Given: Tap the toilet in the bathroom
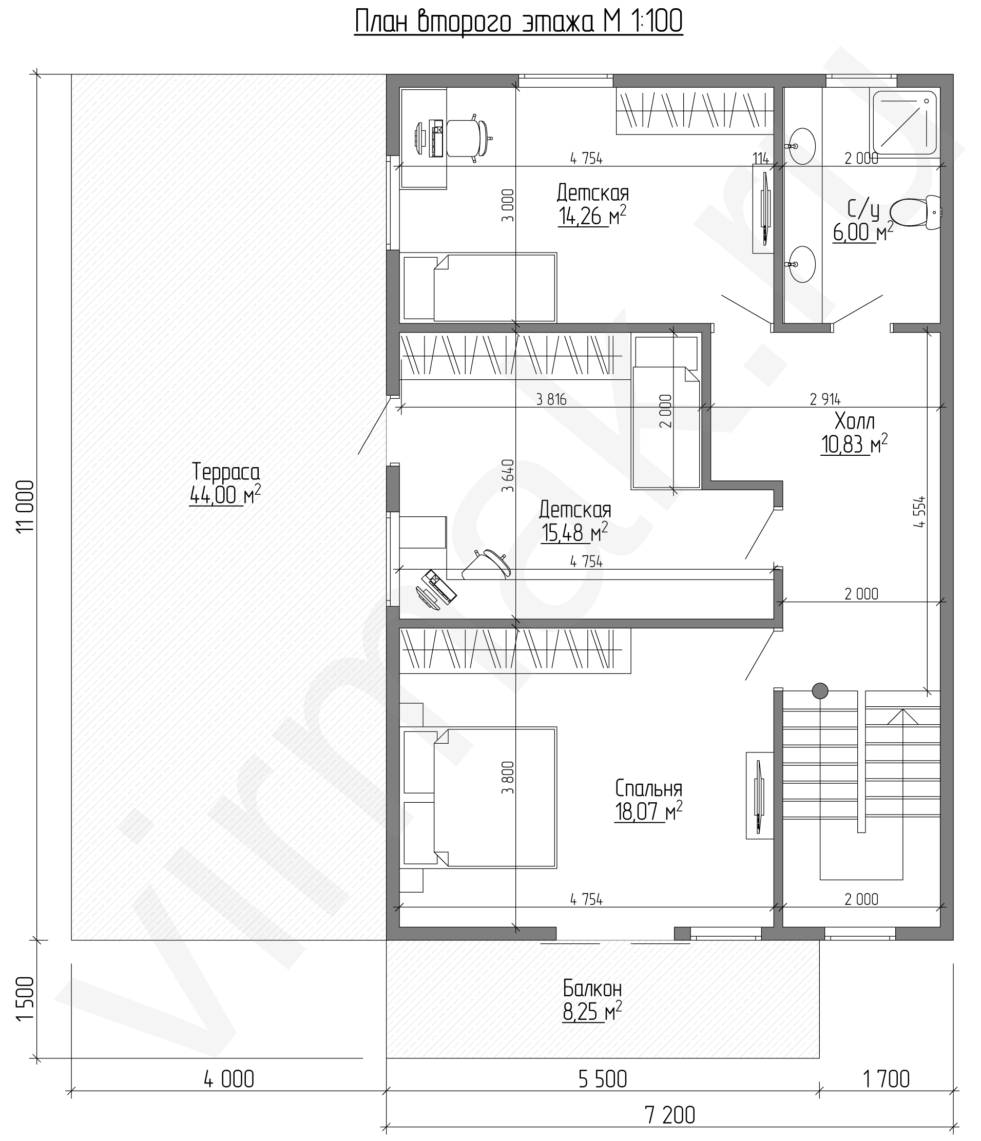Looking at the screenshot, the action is [915, 212].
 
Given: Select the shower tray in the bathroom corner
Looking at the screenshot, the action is [905, 122].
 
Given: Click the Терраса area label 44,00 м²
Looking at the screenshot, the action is [225, 496].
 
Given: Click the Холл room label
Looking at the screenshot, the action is [854, 421].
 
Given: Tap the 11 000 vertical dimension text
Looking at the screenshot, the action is [26, 506].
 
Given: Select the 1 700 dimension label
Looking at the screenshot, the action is [886, 1079].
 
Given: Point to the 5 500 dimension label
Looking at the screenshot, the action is [603, 1079].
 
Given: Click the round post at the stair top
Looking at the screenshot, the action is [820, 690].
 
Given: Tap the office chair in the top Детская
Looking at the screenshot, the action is [469, 138].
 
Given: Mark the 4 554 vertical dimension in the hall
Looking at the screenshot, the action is [919, 513].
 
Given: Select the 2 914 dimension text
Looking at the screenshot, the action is [825, 398].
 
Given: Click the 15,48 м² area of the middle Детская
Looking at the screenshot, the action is [574, 533].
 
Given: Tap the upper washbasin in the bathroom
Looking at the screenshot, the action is [802, 146].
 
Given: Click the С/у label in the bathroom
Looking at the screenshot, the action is [862, 209].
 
